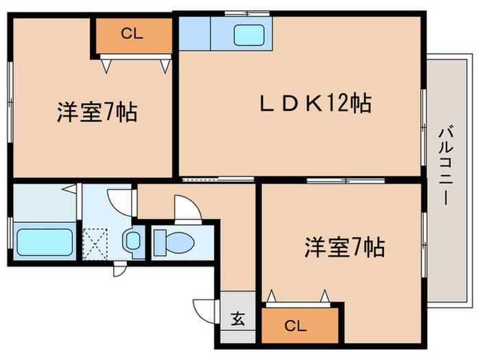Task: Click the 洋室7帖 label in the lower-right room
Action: (344, 247)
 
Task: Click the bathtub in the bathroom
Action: (45, 242)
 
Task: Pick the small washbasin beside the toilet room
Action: (133, 241)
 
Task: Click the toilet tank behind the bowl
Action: (159, 241)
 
